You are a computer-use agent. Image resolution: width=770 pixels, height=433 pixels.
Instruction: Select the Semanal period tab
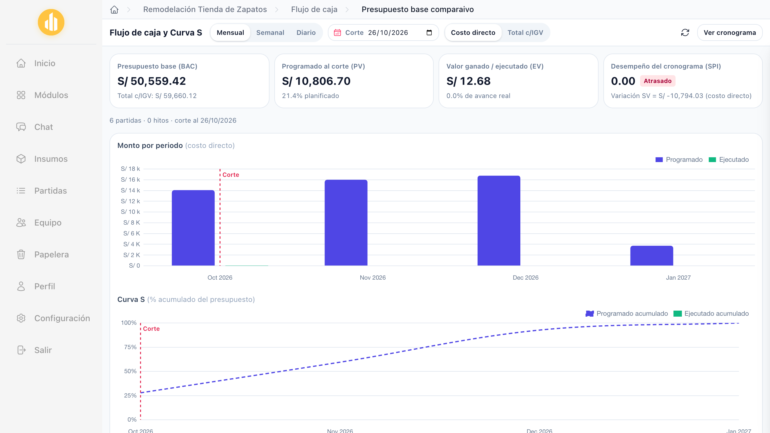click(270, 32)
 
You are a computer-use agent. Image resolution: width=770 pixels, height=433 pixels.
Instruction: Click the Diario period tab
click(306, 32)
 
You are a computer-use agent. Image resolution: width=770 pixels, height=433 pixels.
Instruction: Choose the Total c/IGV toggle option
click(525, 32)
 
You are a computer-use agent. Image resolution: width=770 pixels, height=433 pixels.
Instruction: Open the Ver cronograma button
click(730, 32)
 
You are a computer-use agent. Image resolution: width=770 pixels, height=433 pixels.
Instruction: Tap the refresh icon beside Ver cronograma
click(685, 32)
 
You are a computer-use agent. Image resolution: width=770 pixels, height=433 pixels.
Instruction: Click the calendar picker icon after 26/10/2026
click(429, 32)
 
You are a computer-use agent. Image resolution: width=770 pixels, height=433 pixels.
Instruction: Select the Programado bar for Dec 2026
click(499, 221)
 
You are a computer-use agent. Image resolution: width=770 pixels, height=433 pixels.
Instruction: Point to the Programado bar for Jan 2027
click(651, 256)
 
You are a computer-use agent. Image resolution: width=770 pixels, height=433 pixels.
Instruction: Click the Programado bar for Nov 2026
click(346, 223)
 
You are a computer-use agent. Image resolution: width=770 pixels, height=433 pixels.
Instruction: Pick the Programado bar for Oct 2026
click(193, 228)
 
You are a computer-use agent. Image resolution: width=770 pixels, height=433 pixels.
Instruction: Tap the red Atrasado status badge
click(658, 81)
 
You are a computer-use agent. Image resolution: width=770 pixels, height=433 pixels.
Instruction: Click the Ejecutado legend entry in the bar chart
click(728, 160)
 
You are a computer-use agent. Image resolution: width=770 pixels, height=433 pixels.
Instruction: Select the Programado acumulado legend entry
click(627, 314)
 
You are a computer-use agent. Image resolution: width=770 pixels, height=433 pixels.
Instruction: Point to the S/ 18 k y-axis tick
click(130, 169)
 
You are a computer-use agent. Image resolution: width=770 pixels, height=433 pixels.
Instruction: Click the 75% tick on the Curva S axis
click(130, 347)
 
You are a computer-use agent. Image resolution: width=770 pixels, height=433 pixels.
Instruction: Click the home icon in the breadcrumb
click(114, 10)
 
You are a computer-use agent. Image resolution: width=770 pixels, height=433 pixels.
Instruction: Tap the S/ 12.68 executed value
click(468, 81)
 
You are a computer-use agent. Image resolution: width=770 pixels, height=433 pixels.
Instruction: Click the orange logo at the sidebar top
click(51, 22)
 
